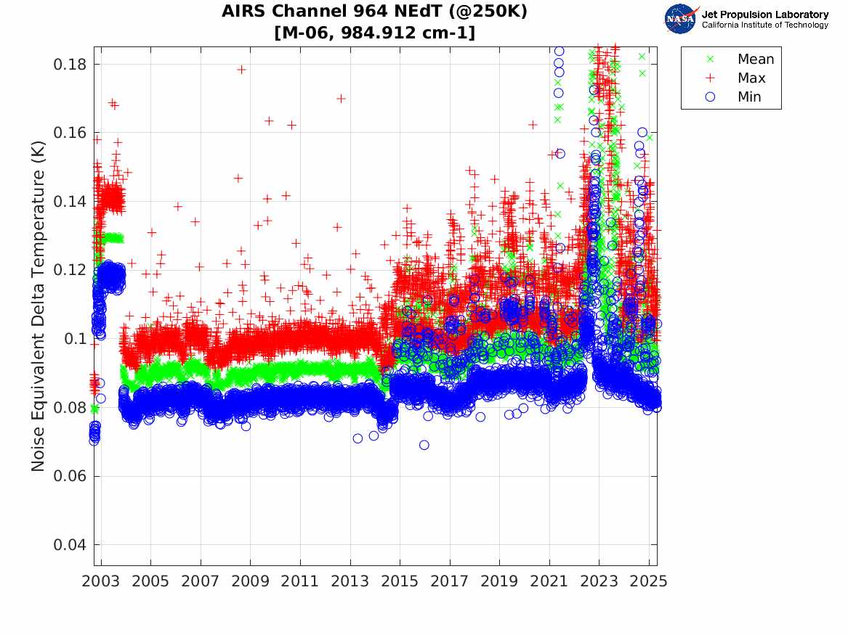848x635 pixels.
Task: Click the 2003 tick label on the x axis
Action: tap(101, 581)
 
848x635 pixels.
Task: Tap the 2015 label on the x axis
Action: tap(400, 581)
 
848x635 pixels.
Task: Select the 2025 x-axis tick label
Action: tap(648, 581)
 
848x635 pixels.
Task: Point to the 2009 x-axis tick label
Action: tap(251, 581)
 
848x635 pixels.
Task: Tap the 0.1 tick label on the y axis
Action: tap(76, 339)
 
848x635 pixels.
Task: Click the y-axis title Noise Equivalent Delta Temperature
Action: tap(39, 305)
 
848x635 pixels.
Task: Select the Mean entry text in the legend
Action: tap(756, 60)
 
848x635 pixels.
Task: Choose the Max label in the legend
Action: tap(751, 78)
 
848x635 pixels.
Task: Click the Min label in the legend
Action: tap(750, 97)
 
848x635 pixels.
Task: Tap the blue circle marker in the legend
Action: tap(711, 97)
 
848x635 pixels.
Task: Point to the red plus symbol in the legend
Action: tap(711, 78)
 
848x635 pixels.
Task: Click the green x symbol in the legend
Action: tap(711, 59)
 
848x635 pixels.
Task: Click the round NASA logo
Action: tap(680, 19)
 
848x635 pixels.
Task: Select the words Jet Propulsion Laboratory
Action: tap(764, 15)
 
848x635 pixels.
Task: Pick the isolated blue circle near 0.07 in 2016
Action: tap(424, 445)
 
